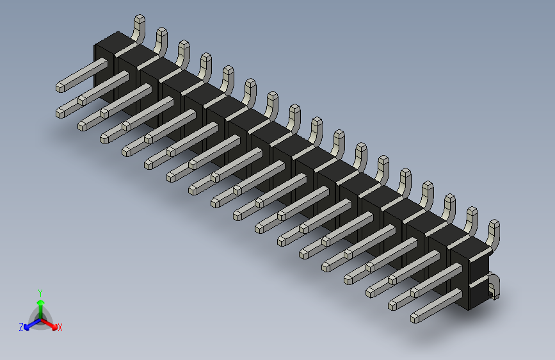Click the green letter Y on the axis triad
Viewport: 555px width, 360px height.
pyautogui.click(x=40, y=292)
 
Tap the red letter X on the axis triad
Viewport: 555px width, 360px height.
pyautogui.click(x=60, y=328)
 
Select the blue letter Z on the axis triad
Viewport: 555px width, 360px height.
pyautogui.click(x=21, y=327)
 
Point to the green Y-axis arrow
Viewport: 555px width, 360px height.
pyautogui.click(x=40, y=304)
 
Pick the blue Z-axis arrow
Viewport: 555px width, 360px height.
pyautogui.click(x=29, y=325)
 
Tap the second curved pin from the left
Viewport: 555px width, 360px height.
pyautogui.click(x=160, y=39)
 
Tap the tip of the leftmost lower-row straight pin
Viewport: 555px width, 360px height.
pyautogui.click(x=60, y=113)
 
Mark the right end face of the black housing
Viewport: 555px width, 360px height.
pyautogui.click(x=479, y=281)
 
